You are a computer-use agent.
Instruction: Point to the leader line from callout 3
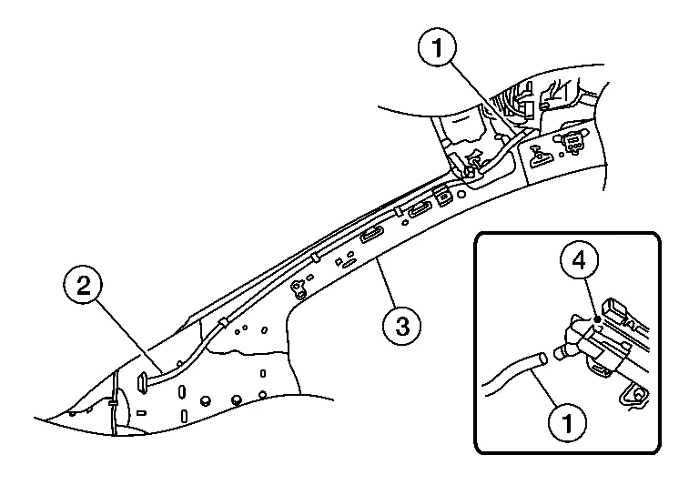point(388,287)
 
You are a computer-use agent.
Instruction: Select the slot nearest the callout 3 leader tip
point(372,236)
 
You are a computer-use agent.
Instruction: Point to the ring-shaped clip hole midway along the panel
point(298,288)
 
